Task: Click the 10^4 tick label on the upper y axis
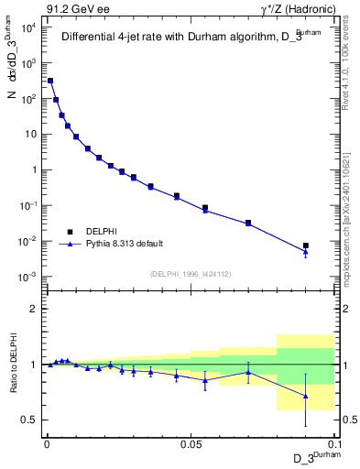pos(27,27)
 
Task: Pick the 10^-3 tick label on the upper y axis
pos(27,277)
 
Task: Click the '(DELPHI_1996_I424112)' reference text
pos(190,273)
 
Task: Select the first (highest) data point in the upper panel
pos(50,81)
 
